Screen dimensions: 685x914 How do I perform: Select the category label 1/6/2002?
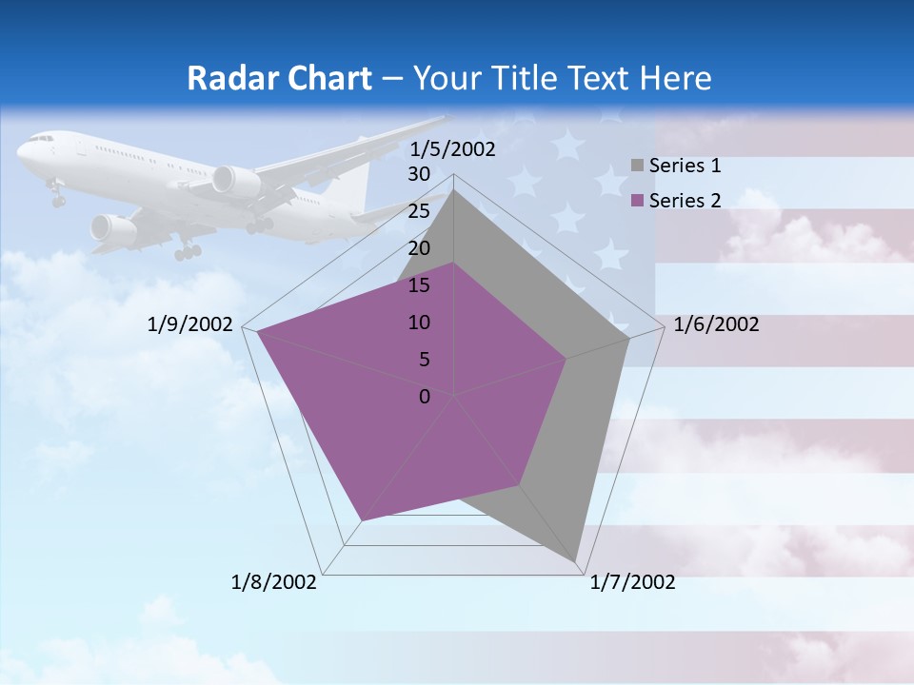tap(716, 325)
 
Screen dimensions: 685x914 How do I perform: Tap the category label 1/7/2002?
tap(632, 582)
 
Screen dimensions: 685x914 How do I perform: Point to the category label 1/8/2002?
tap(274, 582)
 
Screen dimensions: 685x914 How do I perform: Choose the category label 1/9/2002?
tap(190, 325)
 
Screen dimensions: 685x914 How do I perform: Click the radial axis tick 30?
tap(419, 174)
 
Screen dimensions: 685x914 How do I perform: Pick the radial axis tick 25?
tap(419, 211)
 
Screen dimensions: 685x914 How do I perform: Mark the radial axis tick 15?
tap(419, 285)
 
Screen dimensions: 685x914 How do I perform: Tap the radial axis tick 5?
tap(424, 360)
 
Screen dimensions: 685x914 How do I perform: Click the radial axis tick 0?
tap(425, 397)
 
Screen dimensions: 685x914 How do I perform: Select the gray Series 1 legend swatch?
tap(637, 166)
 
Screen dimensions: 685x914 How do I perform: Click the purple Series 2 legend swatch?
tap(637, 201)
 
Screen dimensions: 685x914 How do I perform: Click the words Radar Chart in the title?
tap(279, 78)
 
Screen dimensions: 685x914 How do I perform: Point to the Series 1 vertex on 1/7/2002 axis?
tap(578, 561)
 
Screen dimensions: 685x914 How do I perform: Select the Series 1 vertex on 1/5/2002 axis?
tap(454, 190)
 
